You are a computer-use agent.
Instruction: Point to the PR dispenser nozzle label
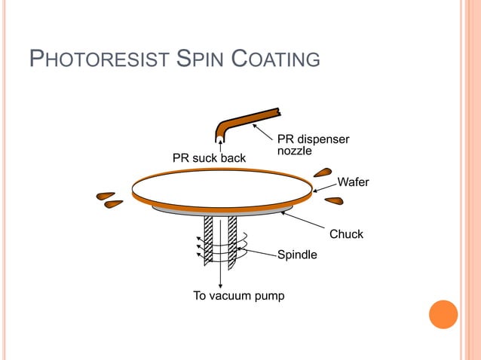point(313,145)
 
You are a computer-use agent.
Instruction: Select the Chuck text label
point(346,234)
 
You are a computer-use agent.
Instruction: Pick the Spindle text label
point(297,255)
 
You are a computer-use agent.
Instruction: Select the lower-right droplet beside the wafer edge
point(334,200)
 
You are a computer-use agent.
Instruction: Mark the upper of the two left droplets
point(106,196)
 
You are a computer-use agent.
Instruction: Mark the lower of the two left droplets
point(114,203)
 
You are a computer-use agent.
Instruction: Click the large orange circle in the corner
point(443,314)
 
